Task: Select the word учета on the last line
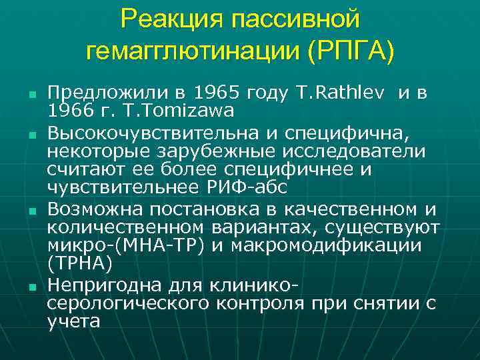pyautogui.click(x=74, y=322)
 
